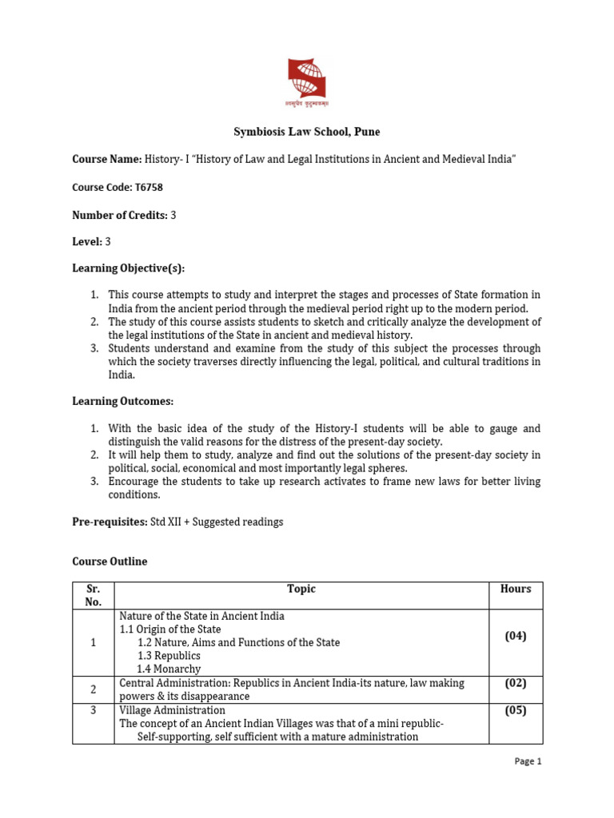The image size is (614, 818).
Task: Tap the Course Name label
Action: point(107,160)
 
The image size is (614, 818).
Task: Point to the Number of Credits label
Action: point(119,216)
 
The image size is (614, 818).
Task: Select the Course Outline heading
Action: point(110,562)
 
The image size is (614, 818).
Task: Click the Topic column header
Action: point(301,589)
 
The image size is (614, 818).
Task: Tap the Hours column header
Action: point(516,589)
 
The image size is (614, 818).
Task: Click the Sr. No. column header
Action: point(94,595)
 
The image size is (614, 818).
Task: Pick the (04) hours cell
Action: point(516,636)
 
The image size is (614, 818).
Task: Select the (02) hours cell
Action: point(516,683)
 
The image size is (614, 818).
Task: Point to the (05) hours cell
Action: point(516,710)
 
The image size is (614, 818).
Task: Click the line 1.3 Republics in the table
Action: point(169,656)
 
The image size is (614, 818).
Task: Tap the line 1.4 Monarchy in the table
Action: point(169,669)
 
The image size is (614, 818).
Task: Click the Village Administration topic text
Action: point(173,710)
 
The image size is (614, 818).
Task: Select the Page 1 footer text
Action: point(528,761)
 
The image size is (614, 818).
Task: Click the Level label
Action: point(86,241)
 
